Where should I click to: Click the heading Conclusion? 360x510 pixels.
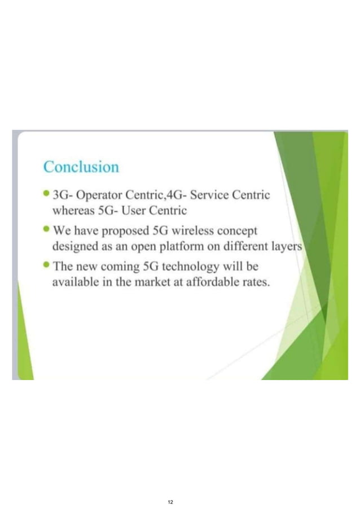(x=81, y=168)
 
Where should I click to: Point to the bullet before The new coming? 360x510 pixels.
(x=46, y=265)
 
